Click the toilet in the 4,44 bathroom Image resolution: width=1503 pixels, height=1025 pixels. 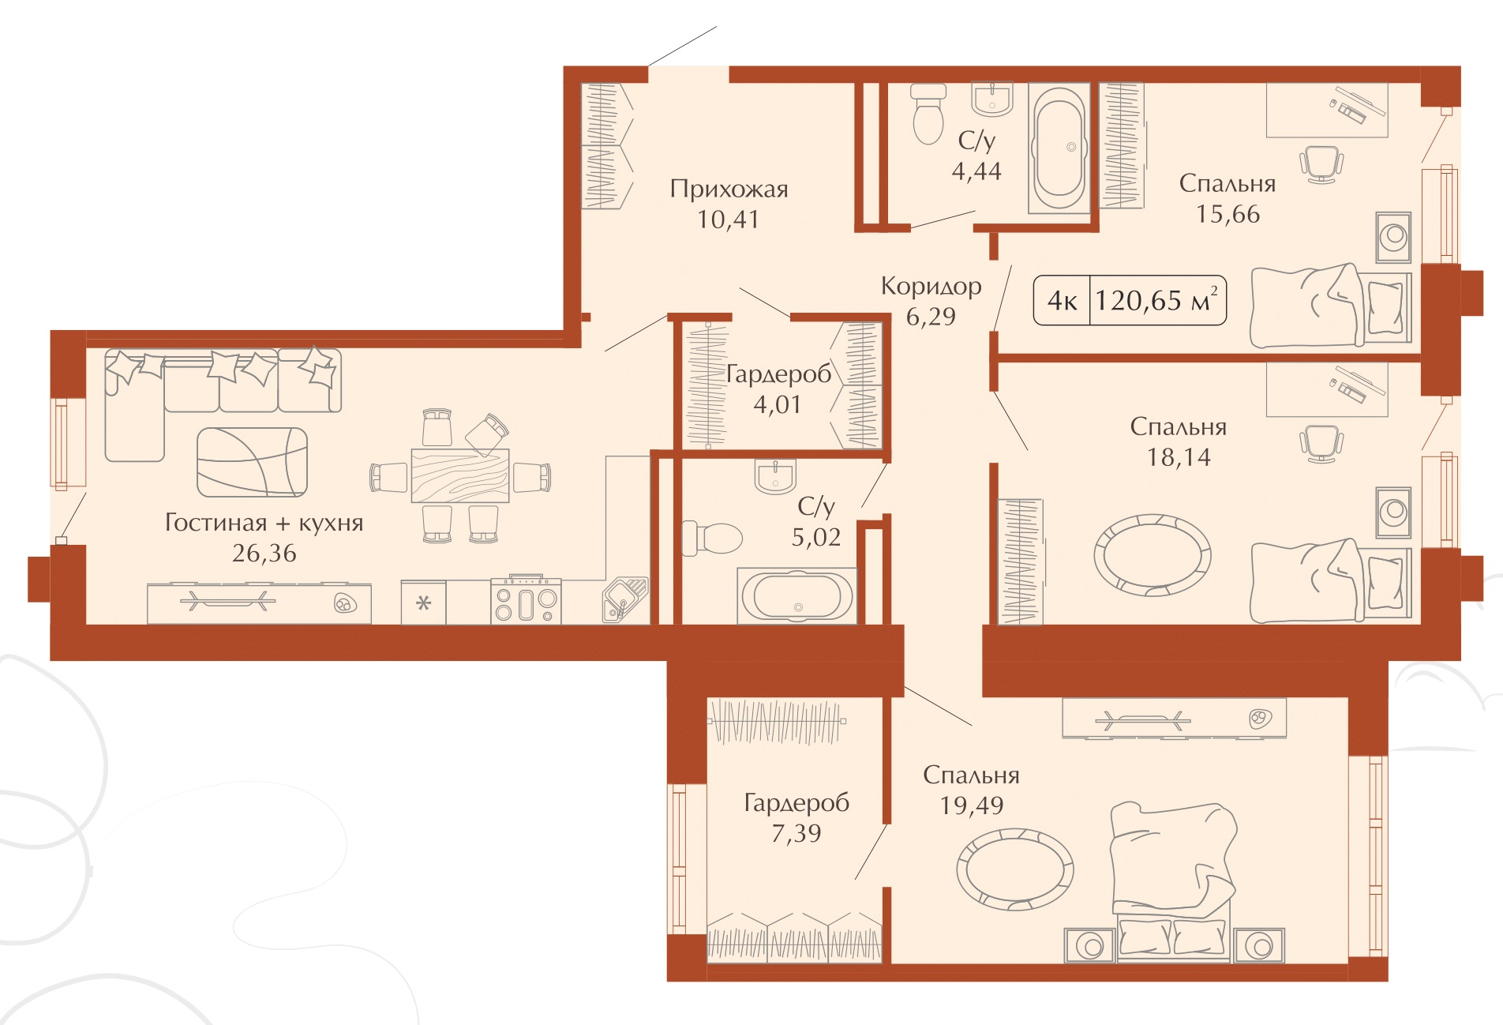click(928, 115)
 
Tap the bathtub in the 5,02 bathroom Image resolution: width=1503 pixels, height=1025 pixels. click(796, 595)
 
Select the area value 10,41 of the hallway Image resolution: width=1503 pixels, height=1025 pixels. click(728, 220)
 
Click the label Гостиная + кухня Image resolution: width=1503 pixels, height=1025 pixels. click(264, 523)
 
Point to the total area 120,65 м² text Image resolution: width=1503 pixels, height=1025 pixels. click(1157, 300)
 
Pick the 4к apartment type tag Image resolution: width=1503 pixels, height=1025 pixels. click(1062, 301)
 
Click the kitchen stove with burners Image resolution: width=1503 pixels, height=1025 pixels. click(526, 601)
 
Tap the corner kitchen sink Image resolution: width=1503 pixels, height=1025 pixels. click(625, 601)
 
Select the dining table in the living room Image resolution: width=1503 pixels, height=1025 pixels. click(460, 475)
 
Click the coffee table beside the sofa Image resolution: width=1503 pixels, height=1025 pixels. click(252, 462)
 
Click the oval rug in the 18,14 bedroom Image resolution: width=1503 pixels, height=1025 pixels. click(1152, 555)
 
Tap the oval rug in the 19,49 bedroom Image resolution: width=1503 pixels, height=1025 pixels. click(1015, 869)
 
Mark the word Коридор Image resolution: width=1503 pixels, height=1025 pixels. click(931, 286)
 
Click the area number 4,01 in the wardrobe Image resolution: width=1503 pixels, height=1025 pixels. click(777, 404)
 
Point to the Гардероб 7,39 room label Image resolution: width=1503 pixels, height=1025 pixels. click(796, 817)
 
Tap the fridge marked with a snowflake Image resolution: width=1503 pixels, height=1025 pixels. click(423, 603)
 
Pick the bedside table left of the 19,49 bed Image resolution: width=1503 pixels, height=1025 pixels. click(1089, 945)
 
